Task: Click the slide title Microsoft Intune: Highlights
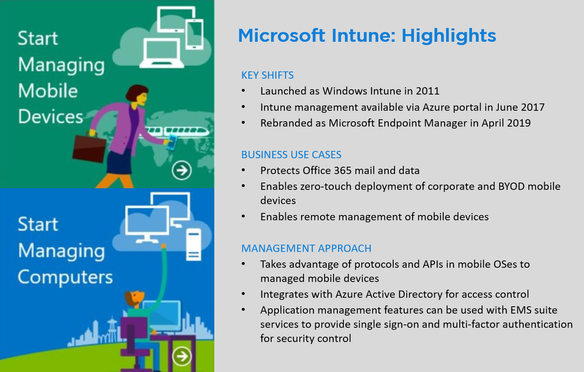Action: tap(366, 36)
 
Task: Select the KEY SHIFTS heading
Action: tap(267, 75)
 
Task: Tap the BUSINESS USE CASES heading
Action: tap(291, 155)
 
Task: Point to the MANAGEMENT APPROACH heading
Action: tap(306, 249)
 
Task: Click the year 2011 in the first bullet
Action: tap(427, 91)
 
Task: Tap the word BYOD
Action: tap(511, 187)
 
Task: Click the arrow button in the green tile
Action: tap(181, 170)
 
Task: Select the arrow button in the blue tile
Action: tap(181, 356)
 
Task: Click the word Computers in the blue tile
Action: tap(65, 277)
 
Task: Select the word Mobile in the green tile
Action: tap(48, 91)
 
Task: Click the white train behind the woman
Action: tap(179, 131)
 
